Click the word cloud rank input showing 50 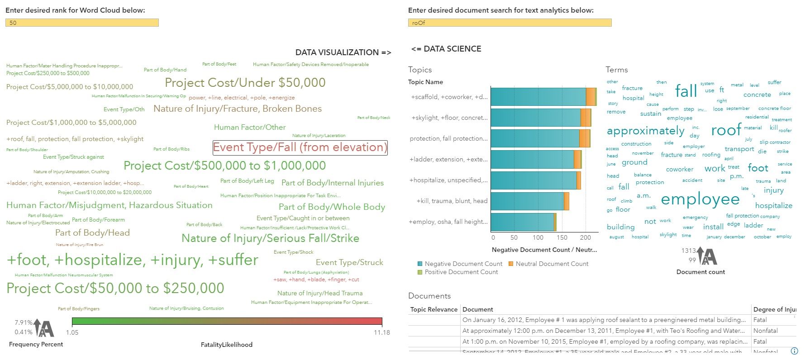[82, 23]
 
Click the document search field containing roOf [510, 23]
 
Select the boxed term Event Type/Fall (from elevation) [300, 147]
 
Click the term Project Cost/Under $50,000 [245, 83]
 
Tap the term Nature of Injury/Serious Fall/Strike [270, 238]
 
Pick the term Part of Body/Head [92, 233]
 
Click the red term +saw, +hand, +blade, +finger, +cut [316, 279]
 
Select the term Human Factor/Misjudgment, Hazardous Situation [109, 205]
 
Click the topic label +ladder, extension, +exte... [448, 159]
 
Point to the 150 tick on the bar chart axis [562, 237]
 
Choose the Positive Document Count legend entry [461, 272]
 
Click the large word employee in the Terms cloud [700, 199]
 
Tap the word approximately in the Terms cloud [645, 131]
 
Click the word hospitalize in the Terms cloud [773, 205]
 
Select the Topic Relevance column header [433, 309]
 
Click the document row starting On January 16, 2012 [604, 320]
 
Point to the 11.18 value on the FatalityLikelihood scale [381, 332]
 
